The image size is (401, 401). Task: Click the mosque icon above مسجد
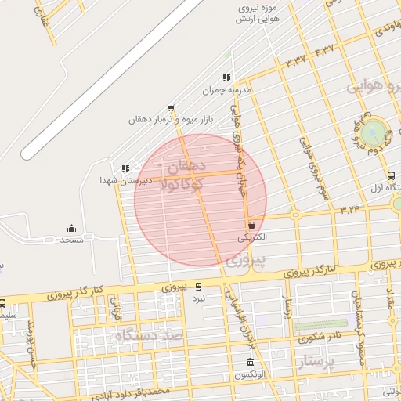tap(72, 229)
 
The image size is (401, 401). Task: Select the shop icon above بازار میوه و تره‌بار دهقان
tap(171, 108)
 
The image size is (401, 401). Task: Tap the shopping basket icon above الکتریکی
tap(251, 224)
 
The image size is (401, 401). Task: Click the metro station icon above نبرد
tap(198, 287)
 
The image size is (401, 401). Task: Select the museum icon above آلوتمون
tap(250, 362)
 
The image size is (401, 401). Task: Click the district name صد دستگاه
tap(148, 335)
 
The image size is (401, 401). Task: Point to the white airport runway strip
tap(110, 74)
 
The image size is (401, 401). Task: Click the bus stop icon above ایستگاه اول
tap(390, 175)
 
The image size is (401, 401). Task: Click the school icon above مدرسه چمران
tap(226, 78)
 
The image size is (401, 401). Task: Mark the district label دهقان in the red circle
tap(185, 165)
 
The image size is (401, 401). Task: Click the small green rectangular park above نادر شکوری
tap(320, 323)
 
